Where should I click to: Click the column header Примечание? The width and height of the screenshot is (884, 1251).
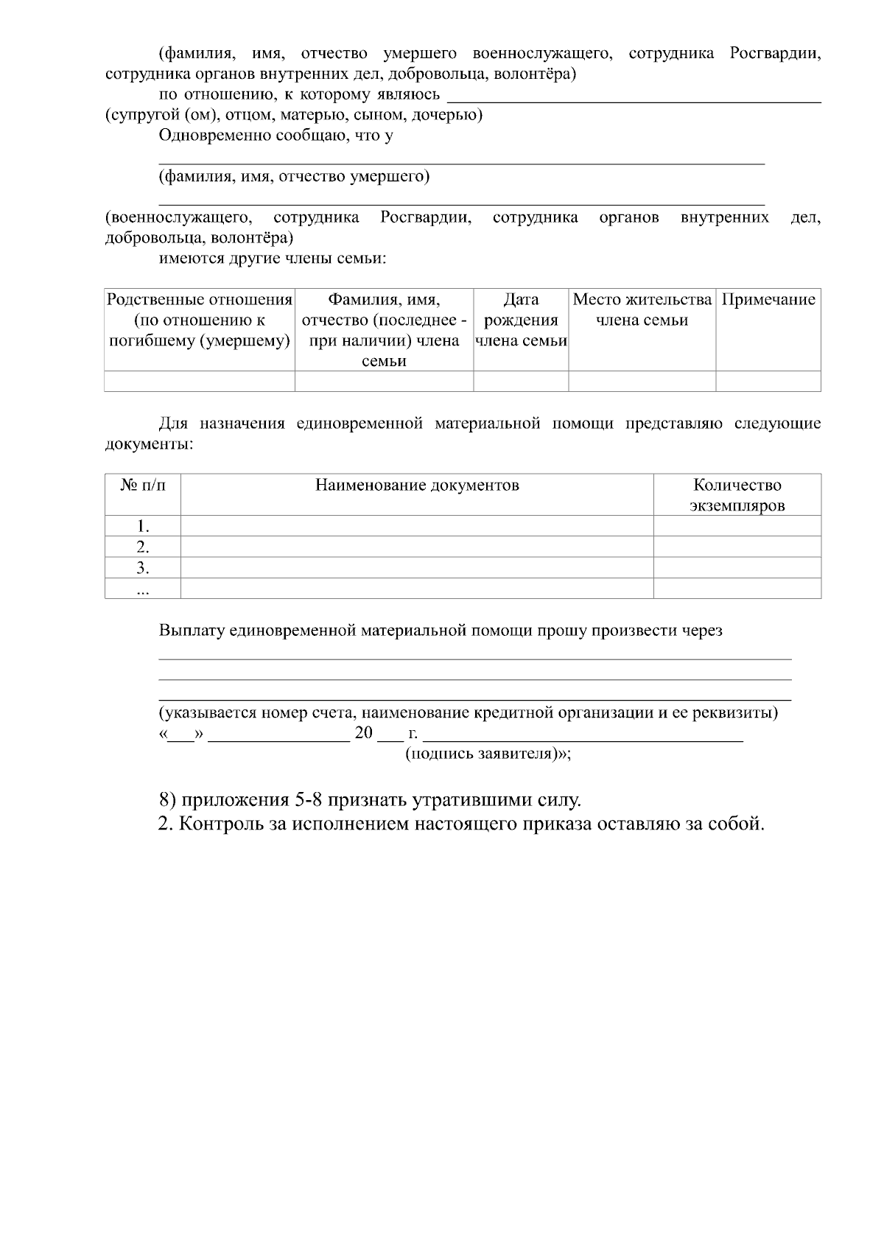click(768, 300)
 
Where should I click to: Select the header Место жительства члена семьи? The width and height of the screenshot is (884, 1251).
click(642, 310)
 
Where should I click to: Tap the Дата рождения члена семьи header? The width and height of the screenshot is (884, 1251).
click(521, 320)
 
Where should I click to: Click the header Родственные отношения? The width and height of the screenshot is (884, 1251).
click(200, 320)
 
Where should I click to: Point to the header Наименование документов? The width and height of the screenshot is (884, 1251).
click(417, 485)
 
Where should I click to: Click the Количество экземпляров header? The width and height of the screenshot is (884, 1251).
click(737, 495)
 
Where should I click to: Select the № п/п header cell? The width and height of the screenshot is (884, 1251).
click(143, 485)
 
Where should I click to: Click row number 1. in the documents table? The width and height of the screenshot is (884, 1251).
click(143, 526)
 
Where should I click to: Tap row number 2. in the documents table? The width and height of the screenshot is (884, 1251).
click(143, 547)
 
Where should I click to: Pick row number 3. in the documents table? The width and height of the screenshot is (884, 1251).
click(143, 567)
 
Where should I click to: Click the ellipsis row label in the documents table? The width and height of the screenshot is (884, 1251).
click(143, 589)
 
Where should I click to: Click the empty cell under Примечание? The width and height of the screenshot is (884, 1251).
click(768, 381)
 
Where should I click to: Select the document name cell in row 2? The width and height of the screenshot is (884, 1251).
click(417, 547)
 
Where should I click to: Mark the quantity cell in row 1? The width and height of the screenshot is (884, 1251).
click(737, 526)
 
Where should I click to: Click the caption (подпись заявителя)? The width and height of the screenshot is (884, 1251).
click(488, 754)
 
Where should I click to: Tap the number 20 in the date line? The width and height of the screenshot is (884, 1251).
click(364, 734)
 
